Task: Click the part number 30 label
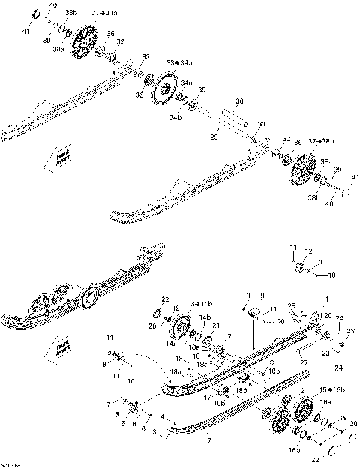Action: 239,101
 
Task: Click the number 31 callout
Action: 261,125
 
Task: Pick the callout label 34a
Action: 185,82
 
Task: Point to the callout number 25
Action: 292,305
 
